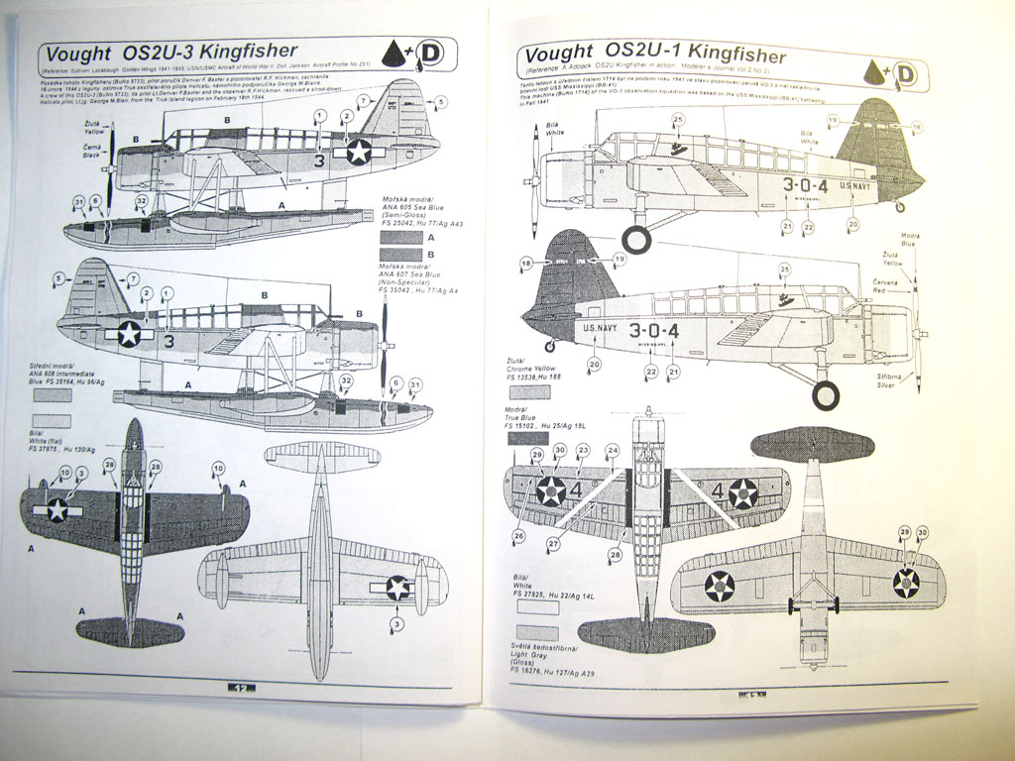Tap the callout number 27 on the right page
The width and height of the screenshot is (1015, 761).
click(x=553, y=544)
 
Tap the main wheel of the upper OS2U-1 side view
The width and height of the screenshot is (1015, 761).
click(x=636, y=239)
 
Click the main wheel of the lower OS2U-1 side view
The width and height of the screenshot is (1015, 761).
click(x=826, y=394)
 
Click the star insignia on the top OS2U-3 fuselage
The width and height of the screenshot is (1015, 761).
click(x=357, y=151)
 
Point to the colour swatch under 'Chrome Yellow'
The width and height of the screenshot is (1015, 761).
click(x=529, y=392)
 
